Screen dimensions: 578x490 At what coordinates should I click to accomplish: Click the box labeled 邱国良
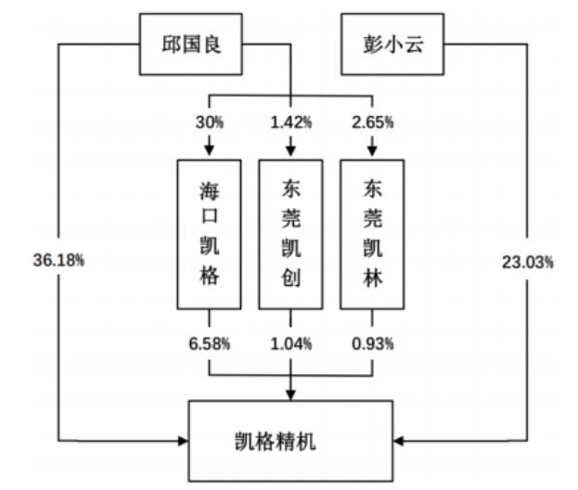point(190,45)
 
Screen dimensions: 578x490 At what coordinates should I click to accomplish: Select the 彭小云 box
point(392,45)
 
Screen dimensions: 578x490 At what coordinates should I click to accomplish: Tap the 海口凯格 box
point(210,235)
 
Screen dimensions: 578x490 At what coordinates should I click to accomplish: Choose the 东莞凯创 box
point(290,235)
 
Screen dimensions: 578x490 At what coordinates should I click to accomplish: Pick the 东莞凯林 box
point(372,235)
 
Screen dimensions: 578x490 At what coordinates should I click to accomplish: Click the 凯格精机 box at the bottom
point(290,441)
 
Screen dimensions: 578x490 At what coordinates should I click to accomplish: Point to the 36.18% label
point(58,260)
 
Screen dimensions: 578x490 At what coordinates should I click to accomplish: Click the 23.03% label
point(528,263)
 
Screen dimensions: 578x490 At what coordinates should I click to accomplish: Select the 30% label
point(210,122)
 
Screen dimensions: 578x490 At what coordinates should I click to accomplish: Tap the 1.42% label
point(290,122)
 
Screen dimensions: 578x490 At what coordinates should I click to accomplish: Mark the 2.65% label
point(372,122)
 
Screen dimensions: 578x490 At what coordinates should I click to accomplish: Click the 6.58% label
point(210,343)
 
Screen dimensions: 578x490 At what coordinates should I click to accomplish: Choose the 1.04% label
point(290,343)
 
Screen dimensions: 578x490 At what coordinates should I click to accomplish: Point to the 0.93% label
point(372,343)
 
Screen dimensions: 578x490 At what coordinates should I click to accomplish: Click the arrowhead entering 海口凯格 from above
point(210,150)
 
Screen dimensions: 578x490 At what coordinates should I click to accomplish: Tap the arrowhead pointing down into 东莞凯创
point(290,150)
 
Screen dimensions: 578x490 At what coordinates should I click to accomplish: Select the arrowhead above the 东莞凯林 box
point(372,150)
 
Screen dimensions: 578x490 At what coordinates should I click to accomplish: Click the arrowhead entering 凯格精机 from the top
point(290,394)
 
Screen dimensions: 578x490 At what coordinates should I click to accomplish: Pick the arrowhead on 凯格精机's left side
point(183,441)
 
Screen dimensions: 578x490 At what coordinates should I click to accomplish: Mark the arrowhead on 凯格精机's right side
point(399,441)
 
